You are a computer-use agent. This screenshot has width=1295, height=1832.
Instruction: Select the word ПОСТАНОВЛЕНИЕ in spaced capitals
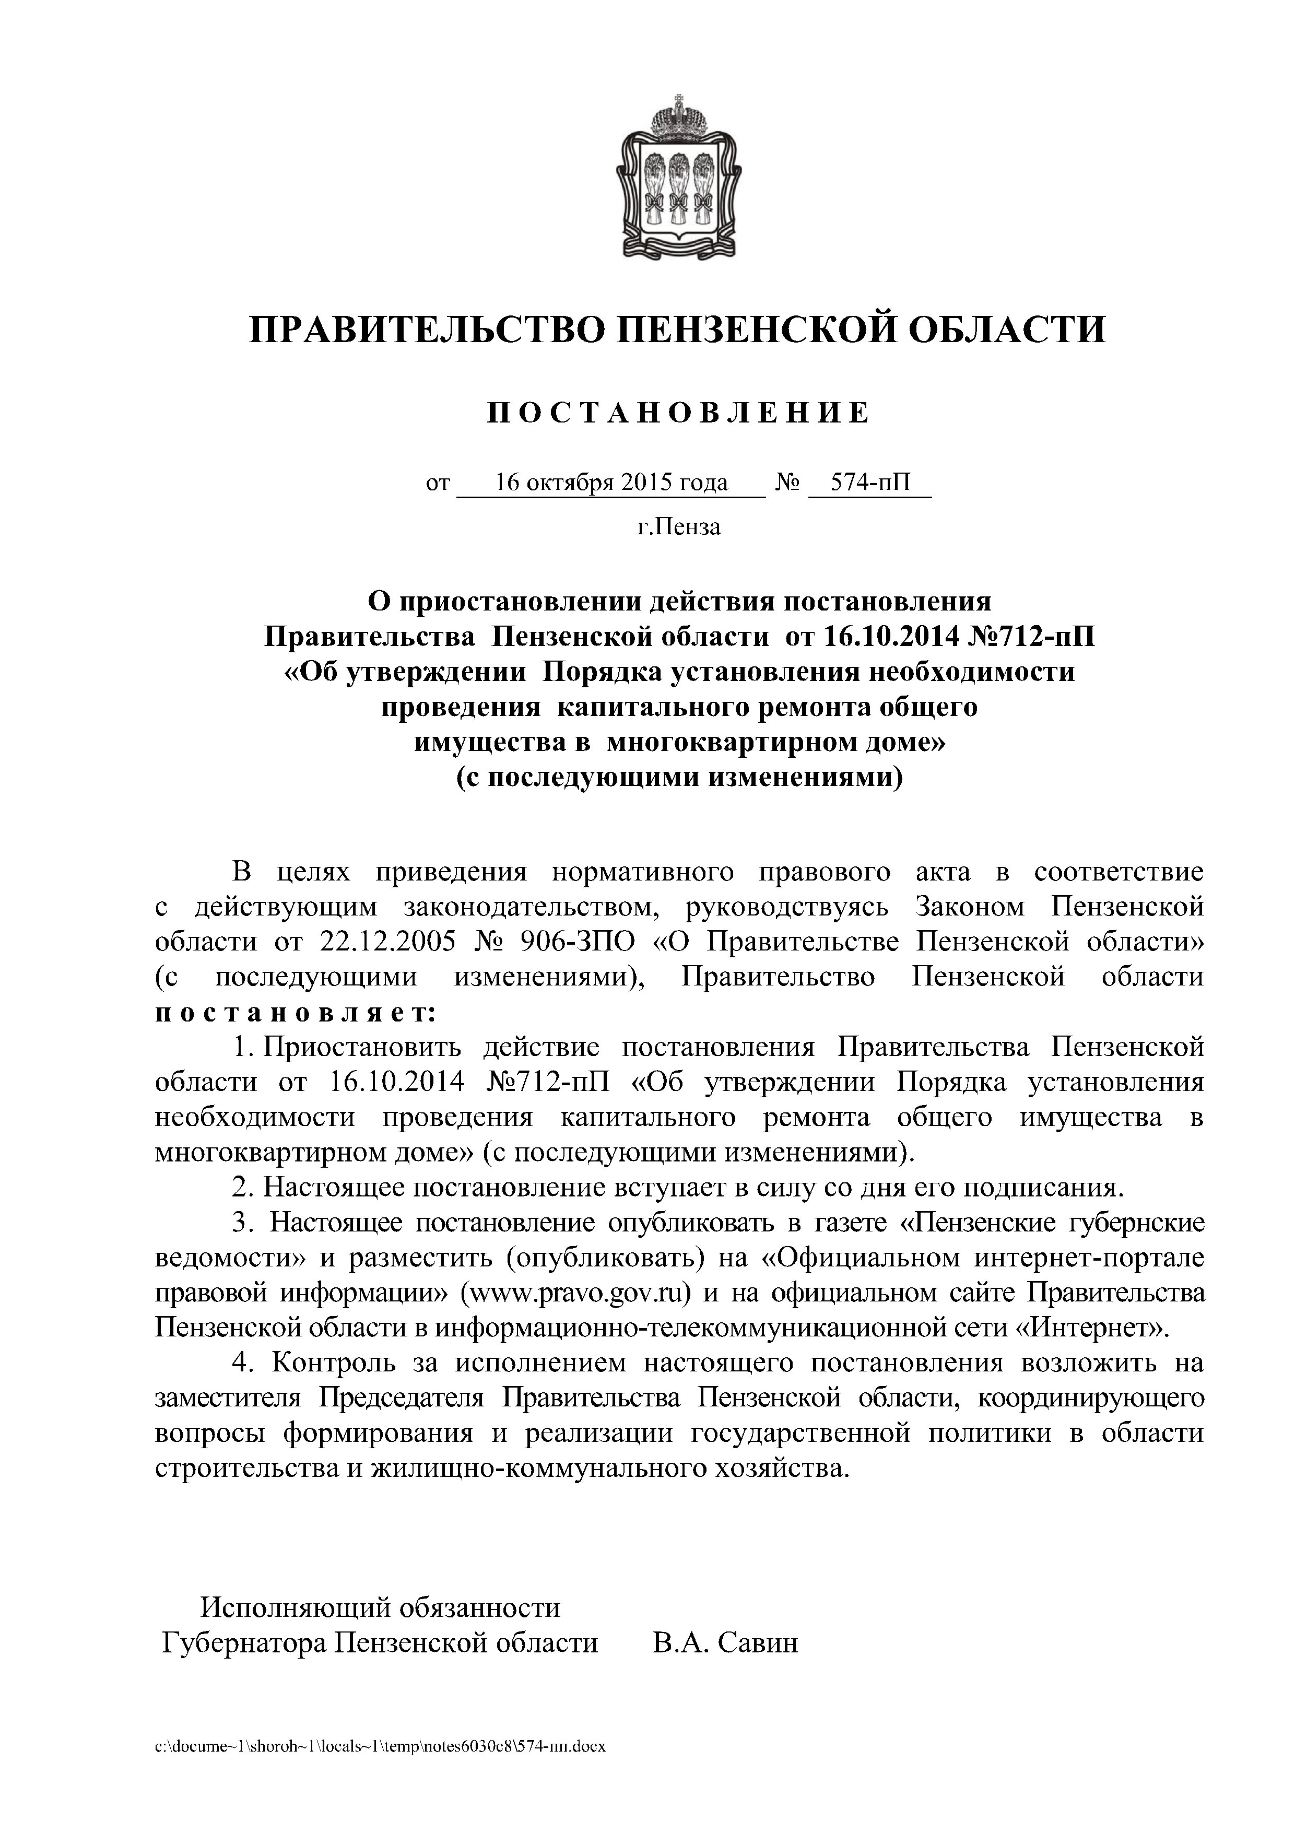(678, 413)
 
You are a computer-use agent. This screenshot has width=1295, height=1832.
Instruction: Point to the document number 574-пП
(870, 482)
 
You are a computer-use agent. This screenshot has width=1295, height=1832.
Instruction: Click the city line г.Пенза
(678, 526)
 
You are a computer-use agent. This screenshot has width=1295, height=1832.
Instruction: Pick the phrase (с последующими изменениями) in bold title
(679, 777)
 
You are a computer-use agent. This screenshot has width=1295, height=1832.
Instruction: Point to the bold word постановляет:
(295, 1013)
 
